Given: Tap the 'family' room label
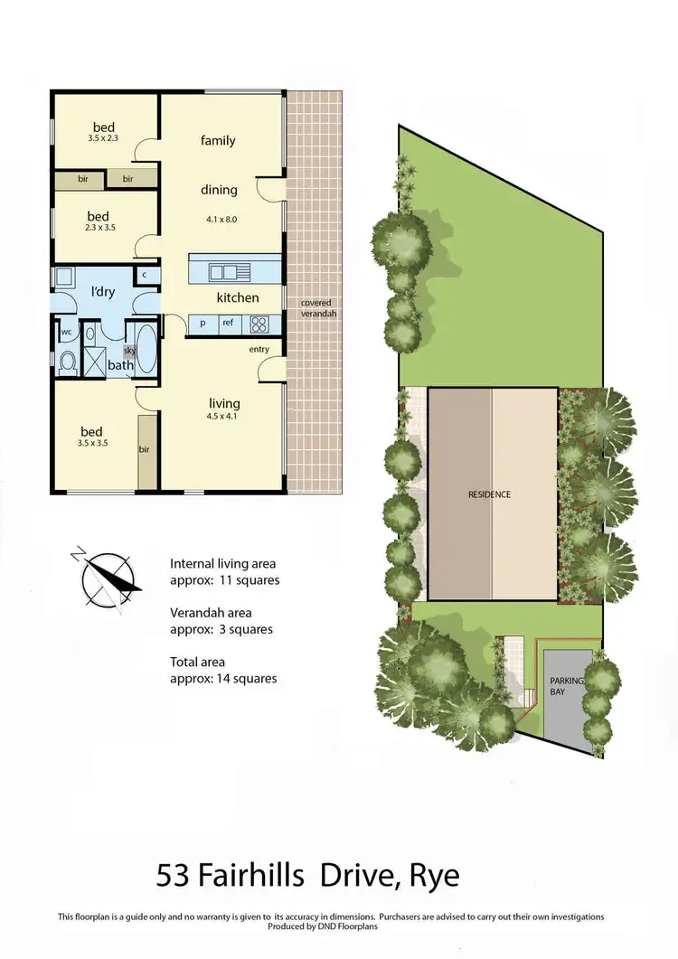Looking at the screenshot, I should click(x=218, y=140).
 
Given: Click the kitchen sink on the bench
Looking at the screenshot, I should click(x=222, y=270).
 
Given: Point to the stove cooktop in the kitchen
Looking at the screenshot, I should click(x=259, y=323).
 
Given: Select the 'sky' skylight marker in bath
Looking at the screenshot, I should click(x=128, y=348).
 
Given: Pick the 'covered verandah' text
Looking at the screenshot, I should click(x=315, y=309).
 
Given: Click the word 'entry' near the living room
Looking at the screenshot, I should click(x=259, y=349).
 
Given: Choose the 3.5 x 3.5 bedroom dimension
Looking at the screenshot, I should click(x=91, y=444).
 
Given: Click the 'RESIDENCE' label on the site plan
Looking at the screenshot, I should click(x=489, y=494).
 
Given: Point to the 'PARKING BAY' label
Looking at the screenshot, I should click(x=569, y=686).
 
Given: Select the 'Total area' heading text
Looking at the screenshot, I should click(x=198, y=662).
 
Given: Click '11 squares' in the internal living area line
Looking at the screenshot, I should click(x=252, y=580).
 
